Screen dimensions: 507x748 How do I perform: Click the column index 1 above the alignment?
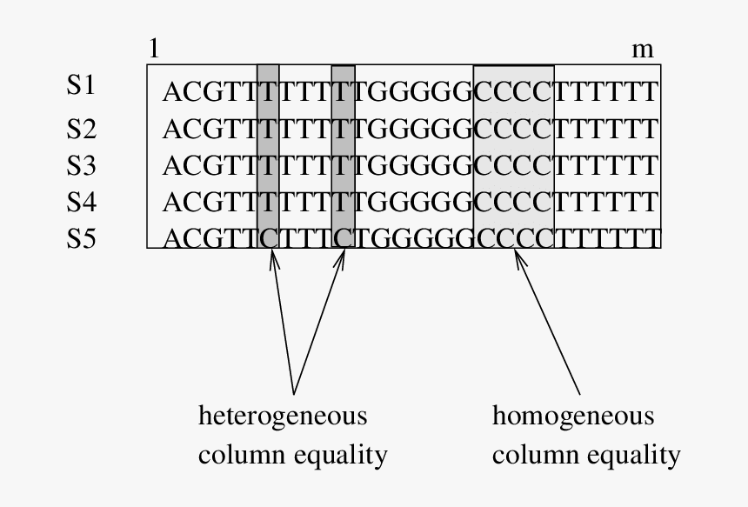[x=154, y=50]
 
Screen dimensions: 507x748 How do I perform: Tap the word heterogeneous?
[x=284, y=417]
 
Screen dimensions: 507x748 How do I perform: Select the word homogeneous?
[x=573, y=417]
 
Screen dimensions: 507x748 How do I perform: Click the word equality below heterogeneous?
[x=343, y=455]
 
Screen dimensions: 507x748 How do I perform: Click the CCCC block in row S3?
[x=514, y=165]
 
